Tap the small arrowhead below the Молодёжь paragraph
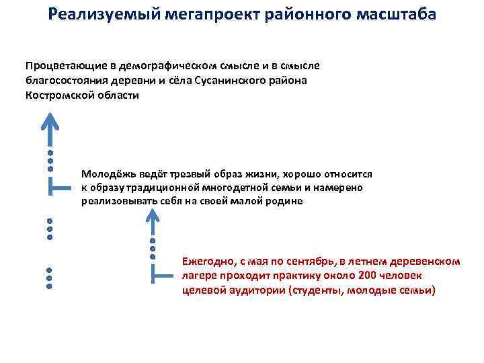(153, 217)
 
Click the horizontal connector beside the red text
(164, 276)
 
